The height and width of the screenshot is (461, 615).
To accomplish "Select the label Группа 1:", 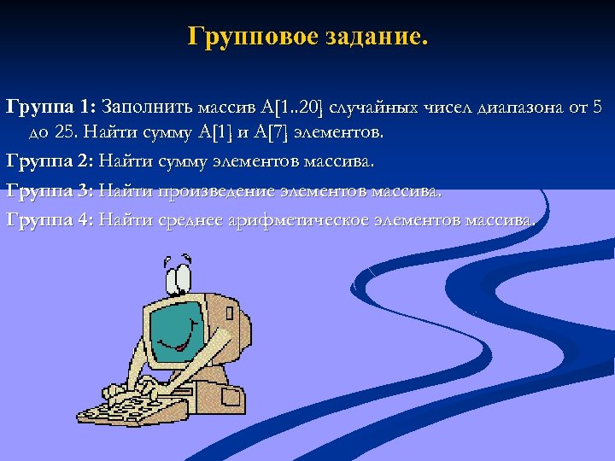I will click(x=50, y=108).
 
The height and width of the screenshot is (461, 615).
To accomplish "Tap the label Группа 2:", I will click(x=50, y=161).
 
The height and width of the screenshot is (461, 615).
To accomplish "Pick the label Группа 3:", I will click(x=50, y=190).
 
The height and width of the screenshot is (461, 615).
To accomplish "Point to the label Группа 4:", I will click(x=50, y=219).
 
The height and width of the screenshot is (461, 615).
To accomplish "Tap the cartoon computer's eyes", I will click(x=179, y=272).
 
